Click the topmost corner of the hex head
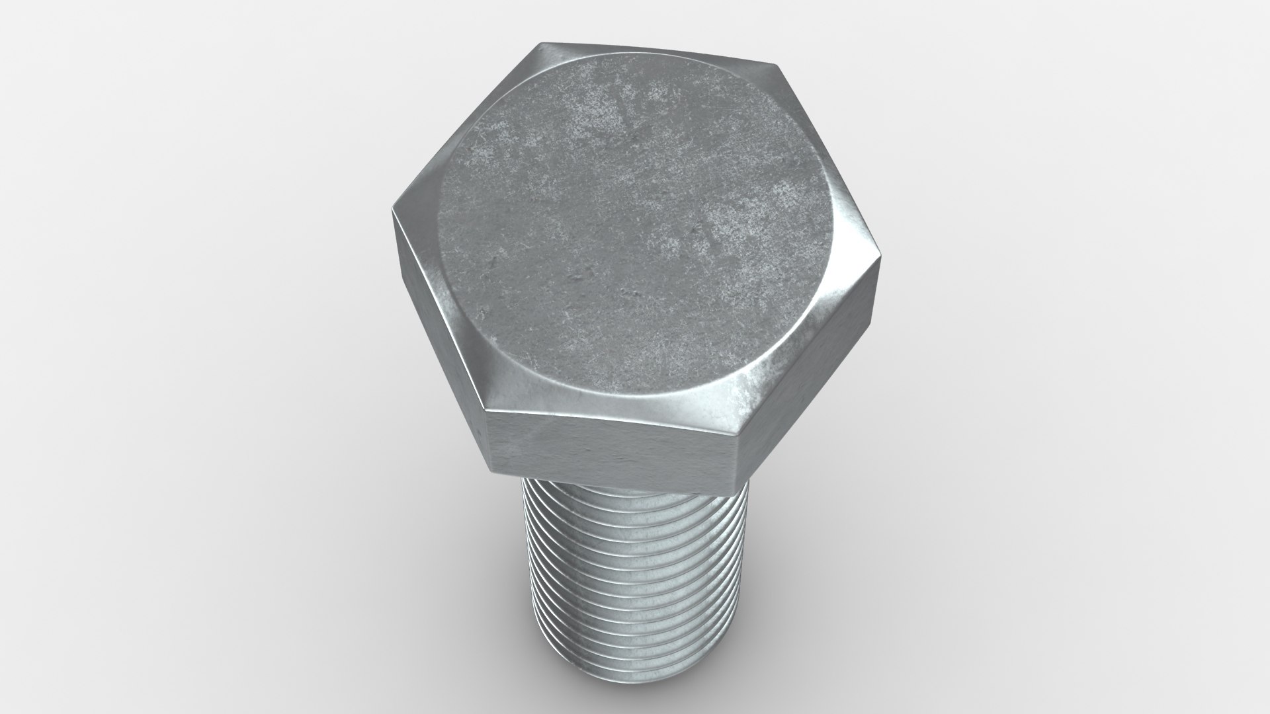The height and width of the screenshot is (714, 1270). [537, 45]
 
